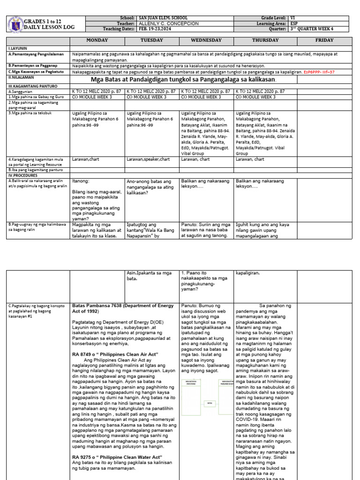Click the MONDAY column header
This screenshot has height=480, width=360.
point(97,41)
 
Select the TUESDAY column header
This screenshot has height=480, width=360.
point(152,41)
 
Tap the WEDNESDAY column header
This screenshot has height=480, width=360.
point(207,41)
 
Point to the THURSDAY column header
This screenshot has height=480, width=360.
point(266,41)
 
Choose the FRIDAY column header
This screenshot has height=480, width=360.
point(325,41)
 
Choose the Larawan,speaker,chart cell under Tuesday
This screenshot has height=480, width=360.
point(148,159)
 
